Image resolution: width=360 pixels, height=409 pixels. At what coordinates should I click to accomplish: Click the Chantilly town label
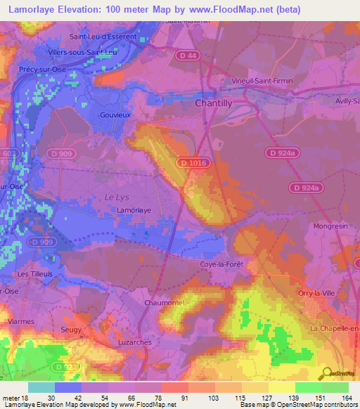coord(212,103)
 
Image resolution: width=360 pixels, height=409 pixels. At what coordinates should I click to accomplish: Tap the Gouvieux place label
coord(116,115)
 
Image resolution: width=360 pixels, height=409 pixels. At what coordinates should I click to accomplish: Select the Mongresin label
coord(330,228)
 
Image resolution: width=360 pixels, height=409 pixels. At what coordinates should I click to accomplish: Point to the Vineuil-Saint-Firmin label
coord(262,81)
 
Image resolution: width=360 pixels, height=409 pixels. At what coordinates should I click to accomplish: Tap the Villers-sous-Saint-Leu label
coord(83,52)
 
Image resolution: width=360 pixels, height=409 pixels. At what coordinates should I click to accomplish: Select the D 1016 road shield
coord(193,162)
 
